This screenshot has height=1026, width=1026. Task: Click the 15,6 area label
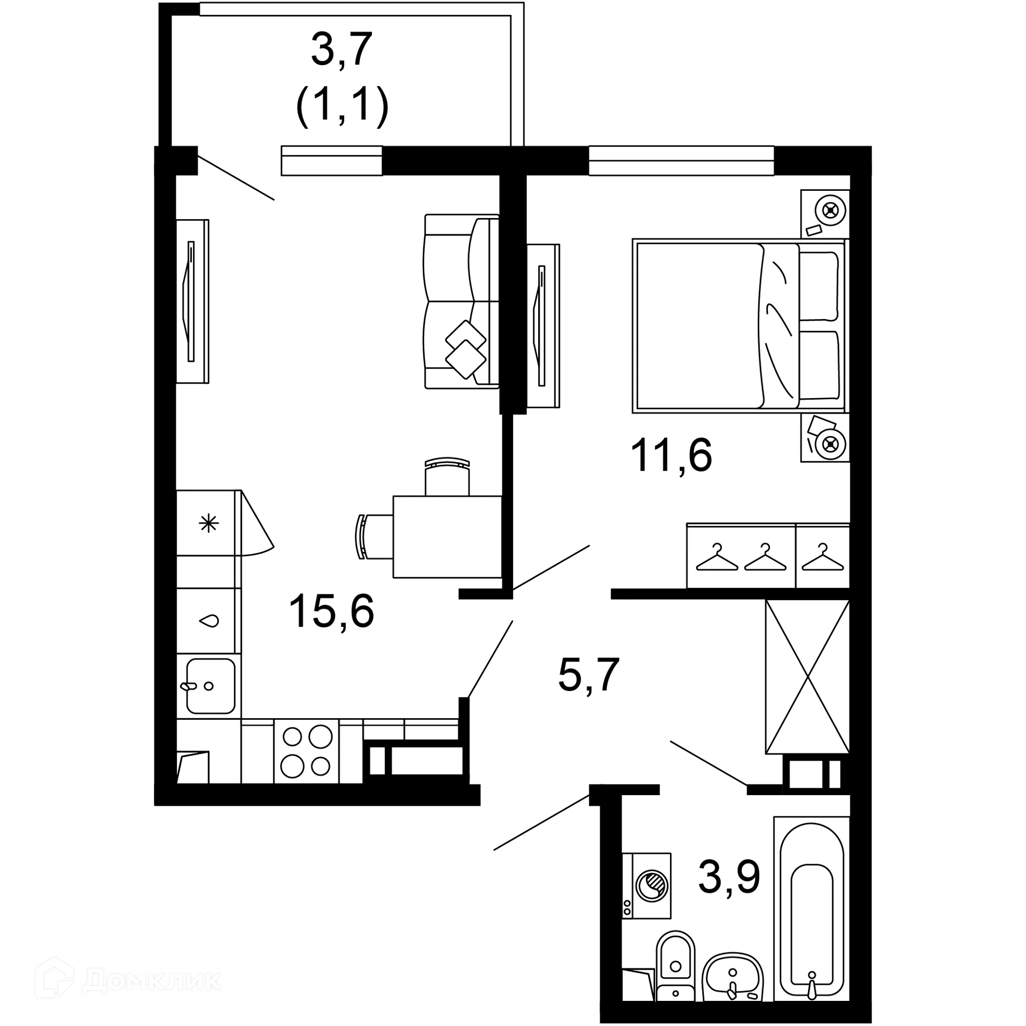coord(331,612)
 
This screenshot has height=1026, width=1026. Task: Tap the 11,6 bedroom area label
coord(671,456)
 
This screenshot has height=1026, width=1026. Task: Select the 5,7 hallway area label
coord(588,675)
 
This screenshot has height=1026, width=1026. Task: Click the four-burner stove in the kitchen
coord(307,751)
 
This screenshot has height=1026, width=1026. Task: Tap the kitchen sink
coord(211,686)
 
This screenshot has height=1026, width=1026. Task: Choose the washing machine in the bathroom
coord(647,885)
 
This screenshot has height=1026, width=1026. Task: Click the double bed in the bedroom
coord(740,326)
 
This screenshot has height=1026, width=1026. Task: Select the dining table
coord(447,537)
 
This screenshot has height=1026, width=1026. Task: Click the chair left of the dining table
coord(375,537)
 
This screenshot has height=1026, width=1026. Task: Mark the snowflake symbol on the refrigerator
coord(208,523)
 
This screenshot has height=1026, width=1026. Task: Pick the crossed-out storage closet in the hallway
coord(807,677)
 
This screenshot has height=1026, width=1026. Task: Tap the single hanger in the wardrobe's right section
coord(822,557)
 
